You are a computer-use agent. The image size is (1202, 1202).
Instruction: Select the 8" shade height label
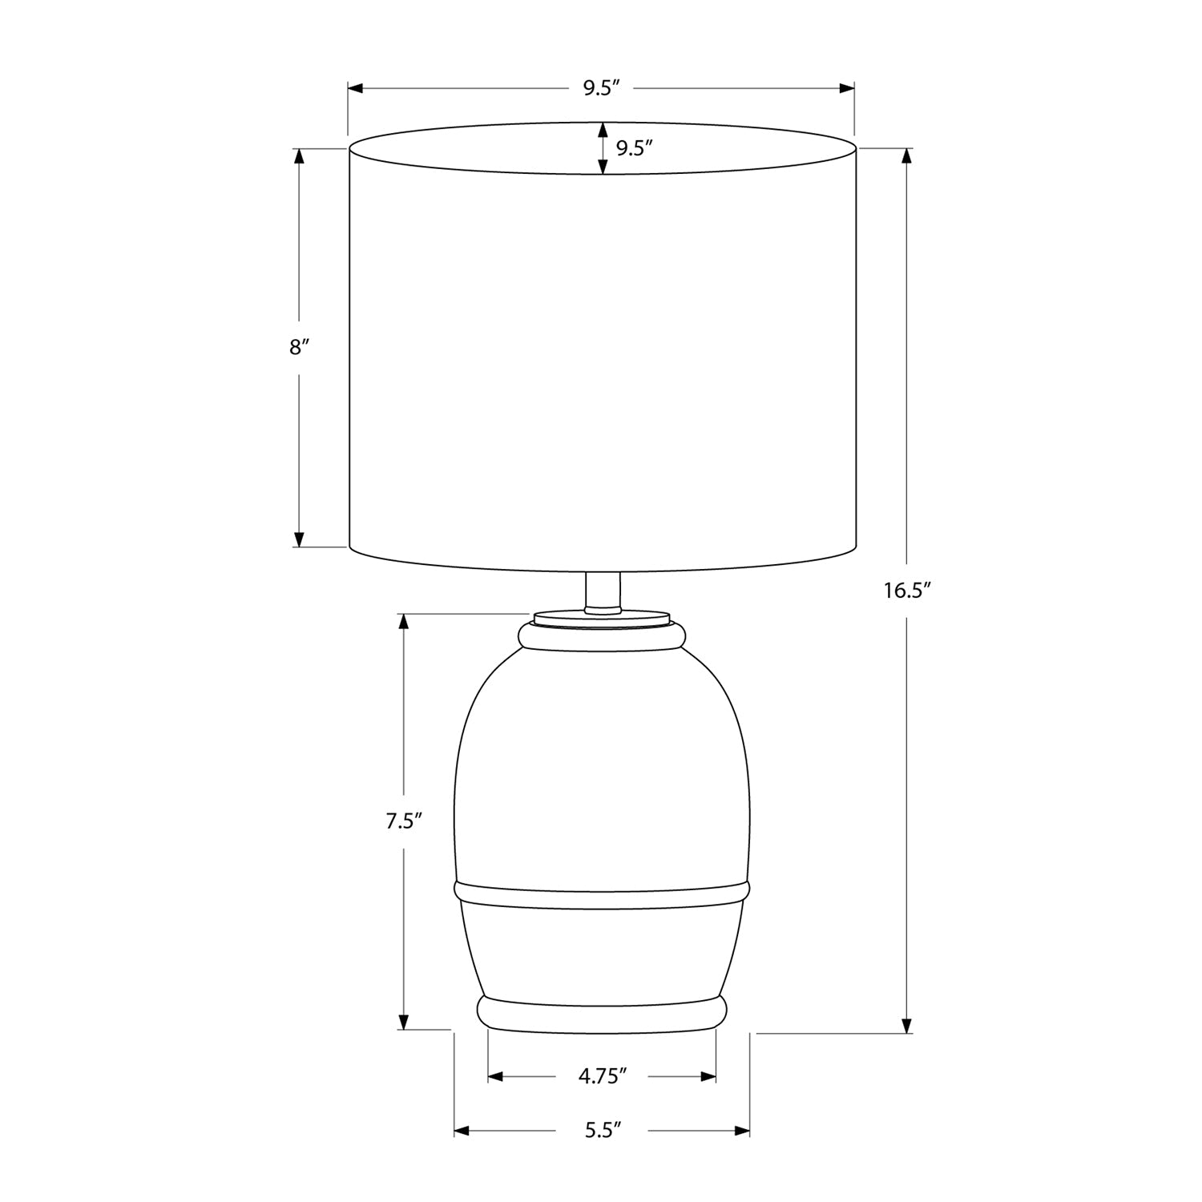299,347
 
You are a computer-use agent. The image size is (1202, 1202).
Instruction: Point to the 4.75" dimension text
602,1076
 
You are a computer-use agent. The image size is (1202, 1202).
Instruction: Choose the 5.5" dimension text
602,1131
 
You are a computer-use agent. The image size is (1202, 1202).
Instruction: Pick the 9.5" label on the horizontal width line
602,88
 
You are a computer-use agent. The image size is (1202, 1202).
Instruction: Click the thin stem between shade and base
603,591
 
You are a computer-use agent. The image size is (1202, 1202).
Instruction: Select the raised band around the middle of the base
602,897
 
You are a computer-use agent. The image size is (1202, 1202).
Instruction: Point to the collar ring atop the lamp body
602,635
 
